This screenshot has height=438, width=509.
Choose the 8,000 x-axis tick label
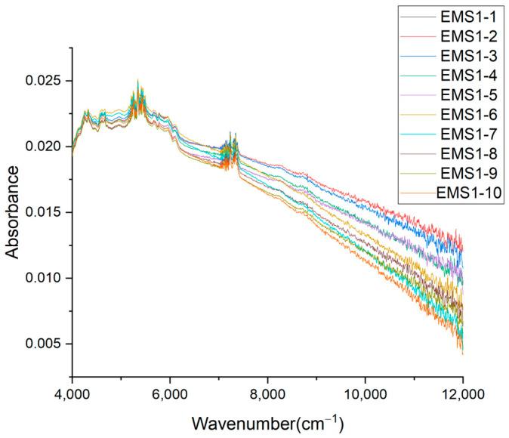pyautogui.click(x=267, y=394)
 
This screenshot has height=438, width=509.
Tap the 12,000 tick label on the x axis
pyautogui.click(x=461, y=394)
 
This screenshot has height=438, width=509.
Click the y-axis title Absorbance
pyautogui.click(x=14, y=212)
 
